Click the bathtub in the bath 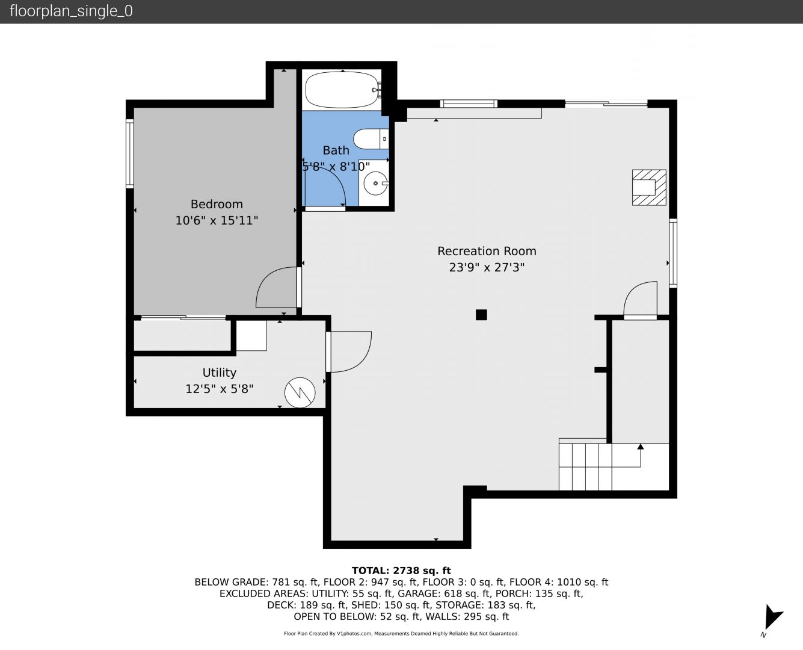(342, 90)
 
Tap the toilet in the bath (371, 139)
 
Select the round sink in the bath (375, 184)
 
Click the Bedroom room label (217, 204)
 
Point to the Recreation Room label (487, 251)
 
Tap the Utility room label (220, 373)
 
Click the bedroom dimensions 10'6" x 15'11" (217, 220)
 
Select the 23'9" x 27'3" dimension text (487, 267)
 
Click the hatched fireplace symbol (649, 188)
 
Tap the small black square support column (481, 315)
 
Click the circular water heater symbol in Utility (300, 392)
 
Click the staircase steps (585, 466)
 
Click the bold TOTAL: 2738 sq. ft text (401, 571)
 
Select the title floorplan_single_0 (71, 11)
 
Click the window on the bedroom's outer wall (130, 153)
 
